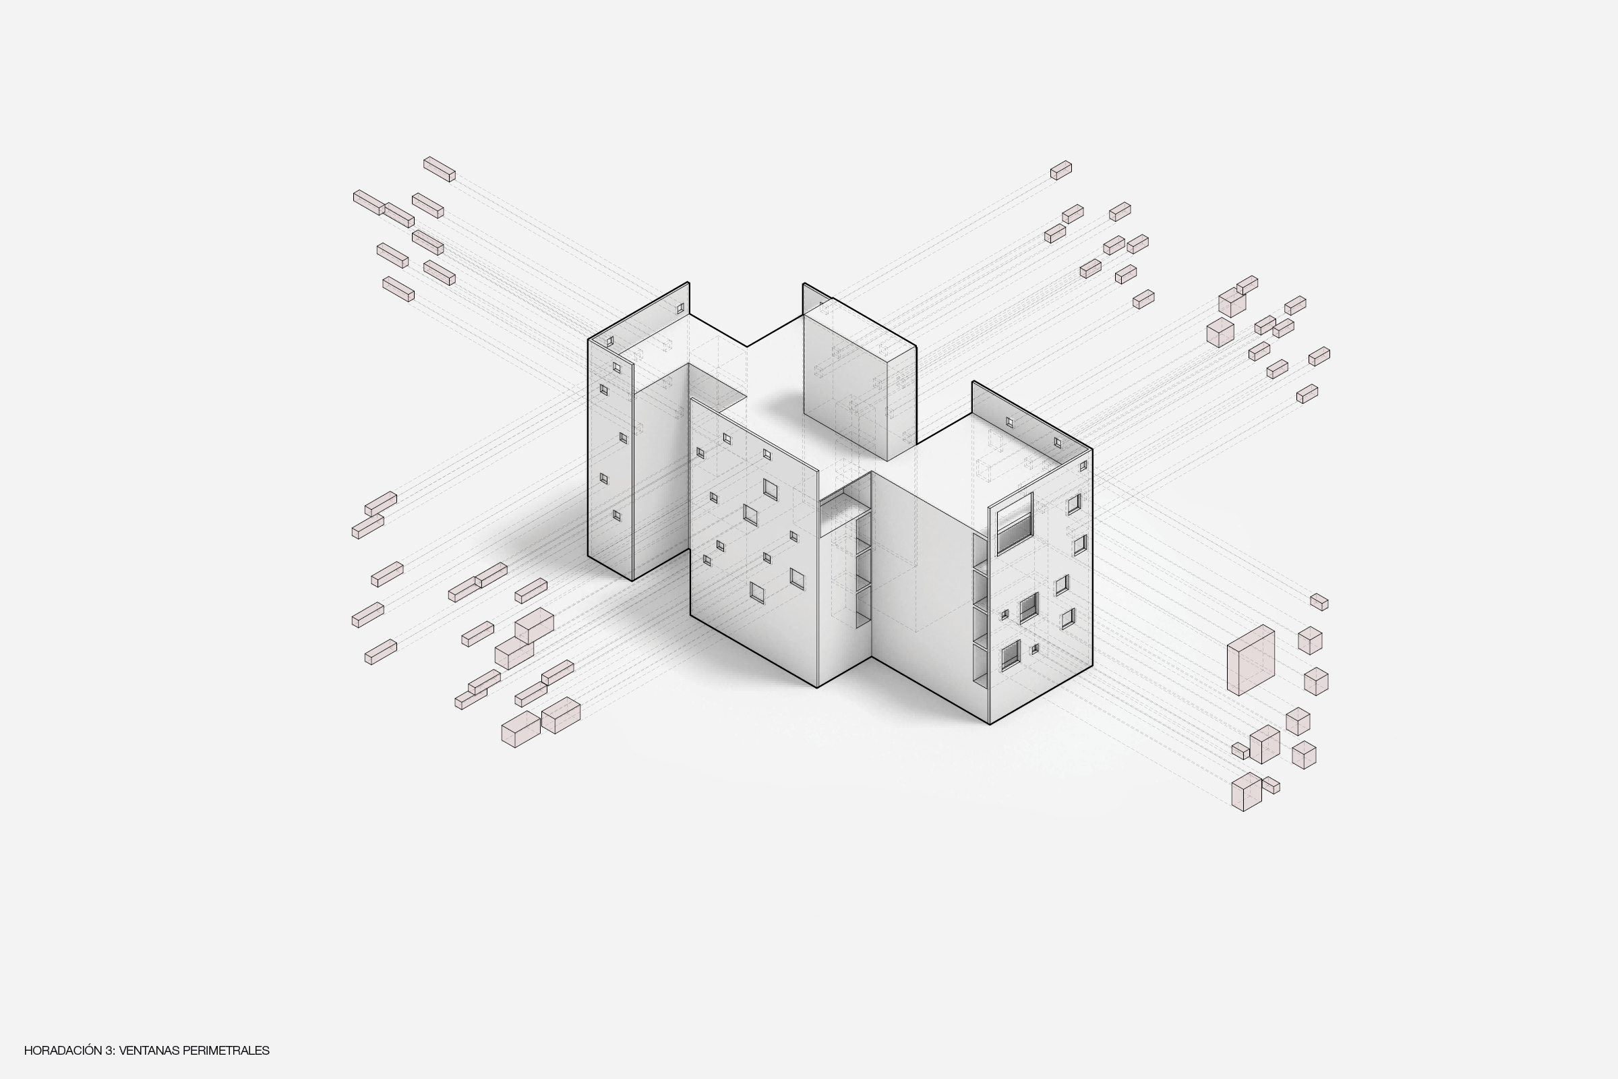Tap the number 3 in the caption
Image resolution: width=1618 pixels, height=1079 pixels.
[x=110, y=1051]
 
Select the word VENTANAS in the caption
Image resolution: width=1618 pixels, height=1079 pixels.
[x=149, y=1051]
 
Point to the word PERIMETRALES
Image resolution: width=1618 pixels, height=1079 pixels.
[x=227, y=1051]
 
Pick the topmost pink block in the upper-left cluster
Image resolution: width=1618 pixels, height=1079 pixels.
[x=439, y=169]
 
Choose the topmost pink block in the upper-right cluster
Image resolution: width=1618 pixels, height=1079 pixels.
[x=1060, y=170]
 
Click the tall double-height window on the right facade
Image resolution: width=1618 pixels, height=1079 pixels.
[x=1015, y=523]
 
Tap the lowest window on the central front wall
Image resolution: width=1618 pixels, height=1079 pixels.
[x=756, y=593]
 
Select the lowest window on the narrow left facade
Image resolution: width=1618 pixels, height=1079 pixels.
[x=616, y=515]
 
